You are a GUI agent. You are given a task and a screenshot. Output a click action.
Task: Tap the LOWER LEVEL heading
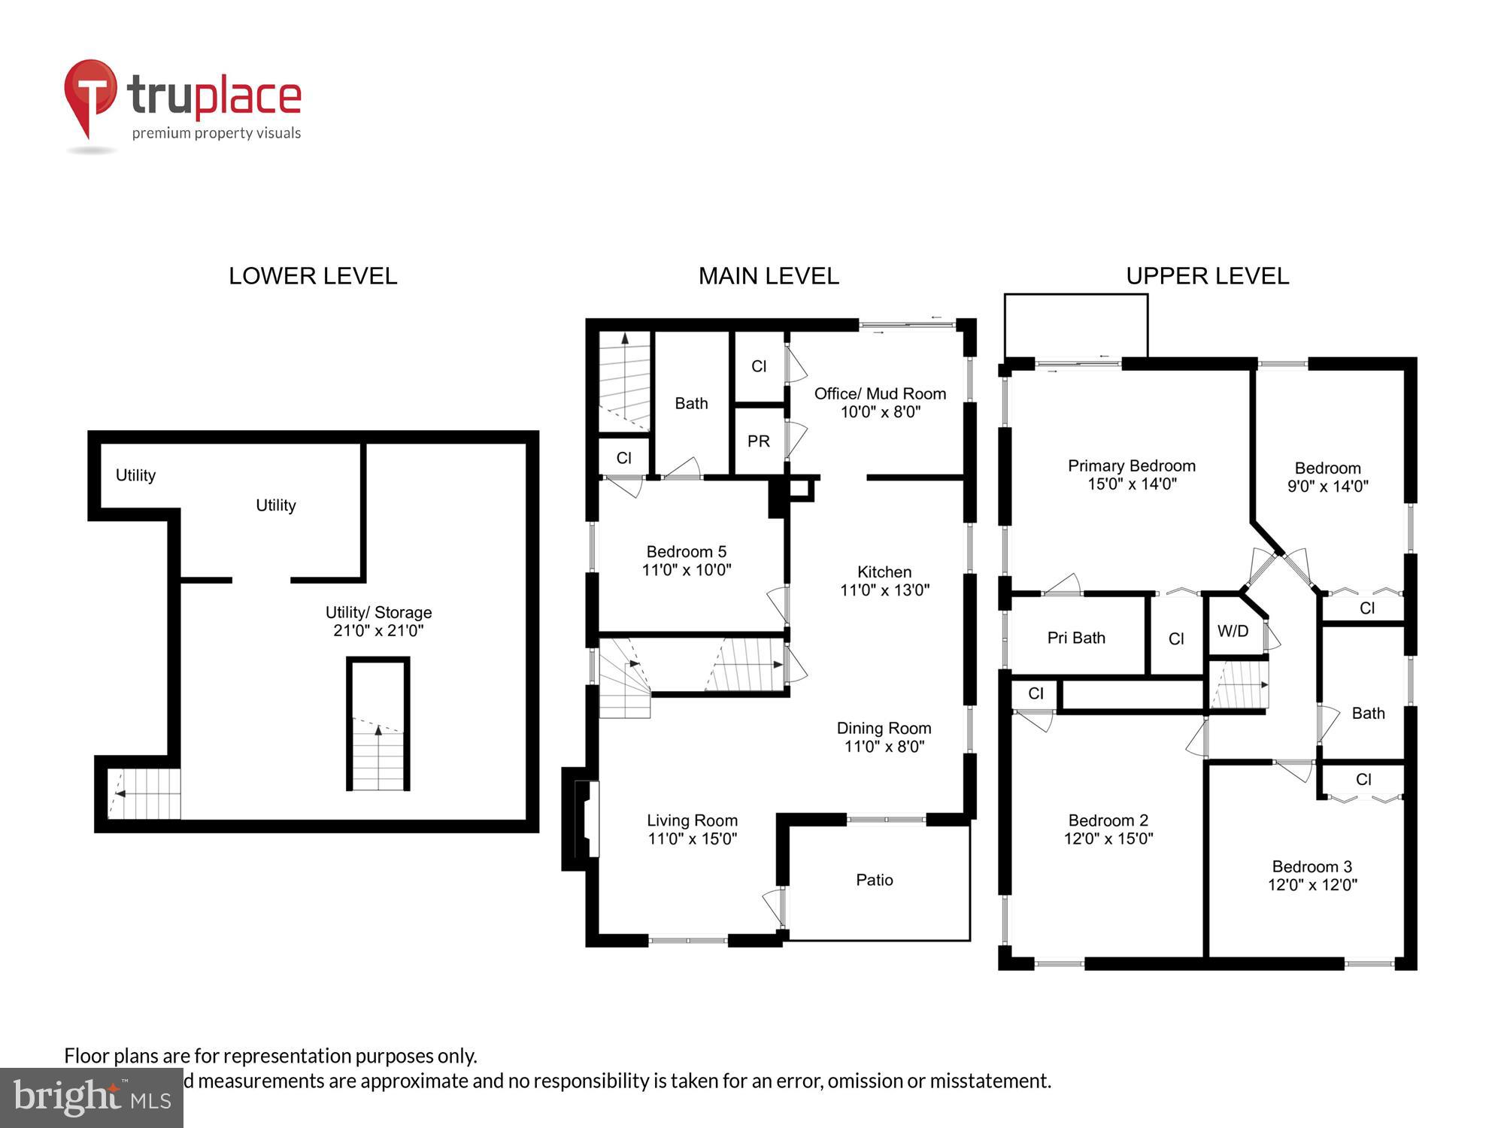313,276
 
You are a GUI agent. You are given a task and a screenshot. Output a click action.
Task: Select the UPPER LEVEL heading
1207,276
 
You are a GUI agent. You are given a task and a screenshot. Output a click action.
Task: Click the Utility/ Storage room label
378,612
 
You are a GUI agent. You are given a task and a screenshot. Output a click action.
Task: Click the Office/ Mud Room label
880,393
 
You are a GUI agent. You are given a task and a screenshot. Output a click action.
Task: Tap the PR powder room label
758,441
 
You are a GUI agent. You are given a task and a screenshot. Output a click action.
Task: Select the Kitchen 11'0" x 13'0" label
884,581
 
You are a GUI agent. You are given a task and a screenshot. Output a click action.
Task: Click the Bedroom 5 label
686,551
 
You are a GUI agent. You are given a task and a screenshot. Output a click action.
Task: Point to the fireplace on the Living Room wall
586,819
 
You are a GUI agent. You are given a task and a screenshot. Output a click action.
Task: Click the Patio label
875,880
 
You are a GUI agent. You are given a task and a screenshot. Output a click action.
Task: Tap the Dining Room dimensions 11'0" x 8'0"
884,747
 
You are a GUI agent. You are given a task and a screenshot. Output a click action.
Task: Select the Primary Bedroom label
1131,465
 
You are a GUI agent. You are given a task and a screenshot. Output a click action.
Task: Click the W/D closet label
1233,631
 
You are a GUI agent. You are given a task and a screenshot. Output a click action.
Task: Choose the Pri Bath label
1076,638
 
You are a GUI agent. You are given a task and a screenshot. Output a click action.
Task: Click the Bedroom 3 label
1311,866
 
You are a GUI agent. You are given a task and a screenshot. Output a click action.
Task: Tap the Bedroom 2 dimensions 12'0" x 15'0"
1108,838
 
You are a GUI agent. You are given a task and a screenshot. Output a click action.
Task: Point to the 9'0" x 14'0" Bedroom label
1327,477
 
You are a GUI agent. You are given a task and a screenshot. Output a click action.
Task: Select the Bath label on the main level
691,404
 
